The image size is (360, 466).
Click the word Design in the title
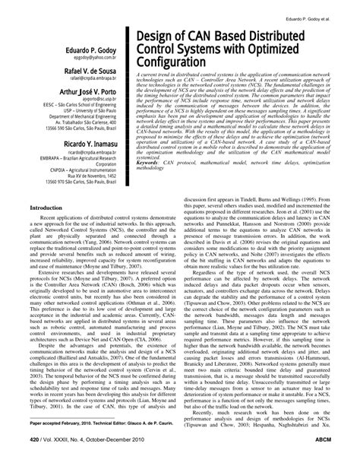tap(156, 38)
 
